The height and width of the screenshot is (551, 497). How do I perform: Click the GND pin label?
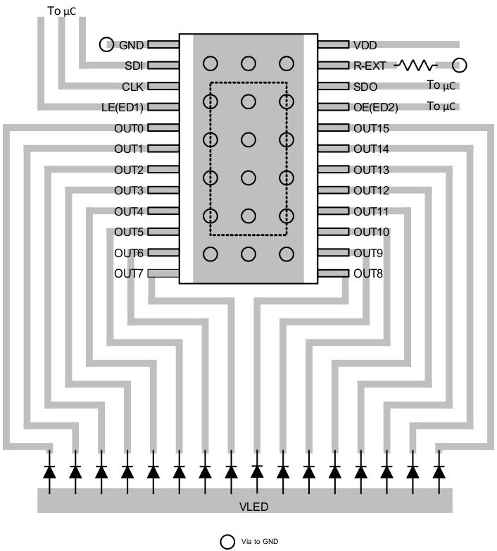pyautogui.click(x=132, y=45)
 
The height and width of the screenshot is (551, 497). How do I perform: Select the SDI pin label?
pyautogui.click(x=133, y=66)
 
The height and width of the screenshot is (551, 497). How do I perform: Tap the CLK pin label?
pyautogui.click(x=132, y=87)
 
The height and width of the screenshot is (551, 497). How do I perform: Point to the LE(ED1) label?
pyautogui.click(x=123, y=108)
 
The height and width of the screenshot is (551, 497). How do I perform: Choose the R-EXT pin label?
pyautogui.click(x=370, y=66)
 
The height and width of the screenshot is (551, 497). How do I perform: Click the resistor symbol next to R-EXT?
pyautogui.click(x=416, y=66)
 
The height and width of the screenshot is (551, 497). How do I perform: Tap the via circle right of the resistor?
pyautogui.click(x=460, y=66)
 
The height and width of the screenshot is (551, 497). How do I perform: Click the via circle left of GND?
pyautogui.click(x=106, y=44)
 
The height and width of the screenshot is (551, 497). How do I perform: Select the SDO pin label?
pyautogui.click(x=365, y=87)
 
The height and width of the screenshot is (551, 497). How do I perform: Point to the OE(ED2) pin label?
pyautogui.click(x=375, y=108)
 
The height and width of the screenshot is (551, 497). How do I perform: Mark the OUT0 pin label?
pyautogui.click(x=129, y=129)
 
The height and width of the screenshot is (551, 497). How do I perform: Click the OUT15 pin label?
pyautogui.click(x=371, y=129)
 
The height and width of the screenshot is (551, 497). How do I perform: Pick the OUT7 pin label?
pyautogui.click(x=129, y=273)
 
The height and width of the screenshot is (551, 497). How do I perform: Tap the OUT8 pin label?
pyautogui.click(x=368, y=273)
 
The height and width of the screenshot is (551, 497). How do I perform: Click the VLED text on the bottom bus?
pyautogui.click(x=254, y=507)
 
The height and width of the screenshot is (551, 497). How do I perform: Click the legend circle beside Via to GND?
pyautogui.click(x=227, y=541)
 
